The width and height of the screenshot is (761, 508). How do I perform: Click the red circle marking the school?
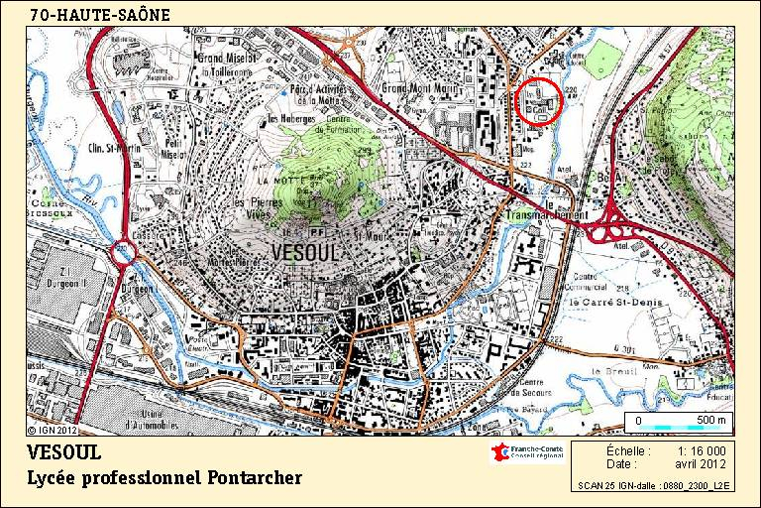[x=538, y=100]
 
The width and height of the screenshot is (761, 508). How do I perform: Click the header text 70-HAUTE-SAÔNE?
[x=100, y=15]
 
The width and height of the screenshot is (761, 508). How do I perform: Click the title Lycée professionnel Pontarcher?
[x=164, y=478]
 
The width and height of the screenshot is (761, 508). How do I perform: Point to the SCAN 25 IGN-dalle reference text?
[x=653, y=486]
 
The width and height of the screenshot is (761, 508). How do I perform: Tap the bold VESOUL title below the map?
[x=65, y=453]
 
